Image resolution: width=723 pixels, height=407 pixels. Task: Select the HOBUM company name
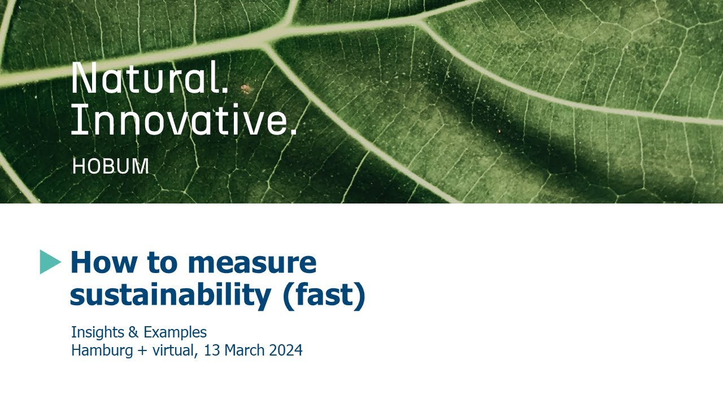tap(111, 166)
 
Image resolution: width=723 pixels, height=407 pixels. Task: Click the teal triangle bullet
tap(50, 262)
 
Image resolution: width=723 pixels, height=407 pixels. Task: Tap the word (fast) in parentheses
tap(324, 296)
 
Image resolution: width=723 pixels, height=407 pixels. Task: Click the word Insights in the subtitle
tap(98, 332)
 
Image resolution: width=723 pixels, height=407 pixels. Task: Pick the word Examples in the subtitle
tap(175, 332)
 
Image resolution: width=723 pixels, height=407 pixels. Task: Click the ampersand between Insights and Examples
tap(133, 332)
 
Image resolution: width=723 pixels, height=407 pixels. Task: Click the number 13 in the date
tap(212, 350)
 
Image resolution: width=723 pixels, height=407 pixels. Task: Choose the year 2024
tap(286, 350)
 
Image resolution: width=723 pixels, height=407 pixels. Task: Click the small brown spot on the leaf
tap(245, 88)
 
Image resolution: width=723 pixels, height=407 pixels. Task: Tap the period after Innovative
tap(293, 132)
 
